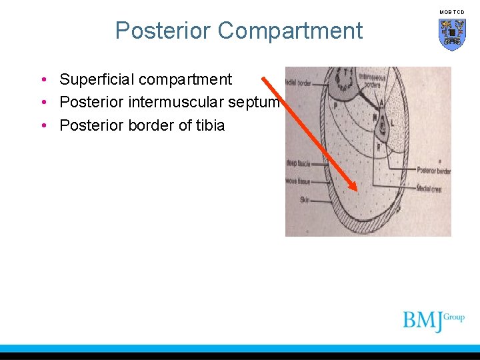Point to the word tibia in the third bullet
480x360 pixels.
point(208,125)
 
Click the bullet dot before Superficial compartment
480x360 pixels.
point(43,80)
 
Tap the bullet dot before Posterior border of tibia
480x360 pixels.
point(43,125)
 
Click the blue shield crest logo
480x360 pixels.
point(452,33)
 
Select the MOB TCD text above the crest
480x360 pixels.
point(452,12)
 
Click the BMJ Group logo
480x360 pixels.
point(433,321)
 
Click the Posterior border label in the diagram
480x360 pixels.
point(434,171)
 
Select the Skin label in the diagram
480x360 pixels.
point(295,199)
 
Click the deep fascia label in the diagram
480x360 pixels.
point(297,162)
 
